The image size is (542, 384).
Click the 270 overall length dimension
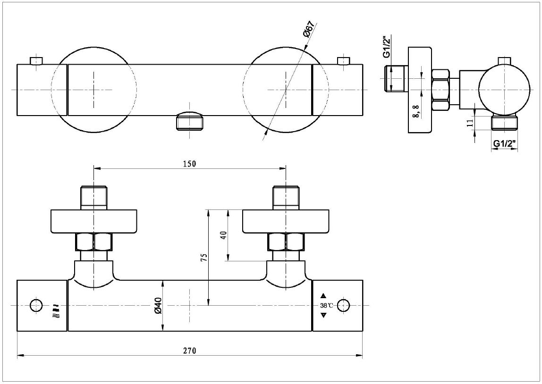click(189, 351)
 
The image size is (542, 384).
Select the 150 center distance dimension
click(189, 163)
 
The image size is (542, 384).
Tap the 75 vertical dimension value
click(203, 257)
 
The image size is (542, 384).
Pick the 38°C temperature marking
click(326, 306)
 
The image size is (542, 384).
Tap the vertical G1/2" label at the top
click(386, 47)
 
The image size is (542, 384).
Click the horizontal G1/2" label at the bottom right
click(504, 143)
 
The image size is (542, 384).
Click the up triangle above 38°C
click(323, 296)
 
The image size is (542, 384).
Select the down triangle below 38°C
click(323, 315)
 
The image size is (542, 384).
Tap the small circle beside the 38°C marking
click(344, 305)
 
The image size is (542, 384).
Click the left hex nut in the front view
click(94, 242)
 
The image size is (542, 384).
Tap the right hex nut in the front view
click(286, 242)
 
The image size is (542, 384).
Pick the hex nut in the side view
click(441, 89)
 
